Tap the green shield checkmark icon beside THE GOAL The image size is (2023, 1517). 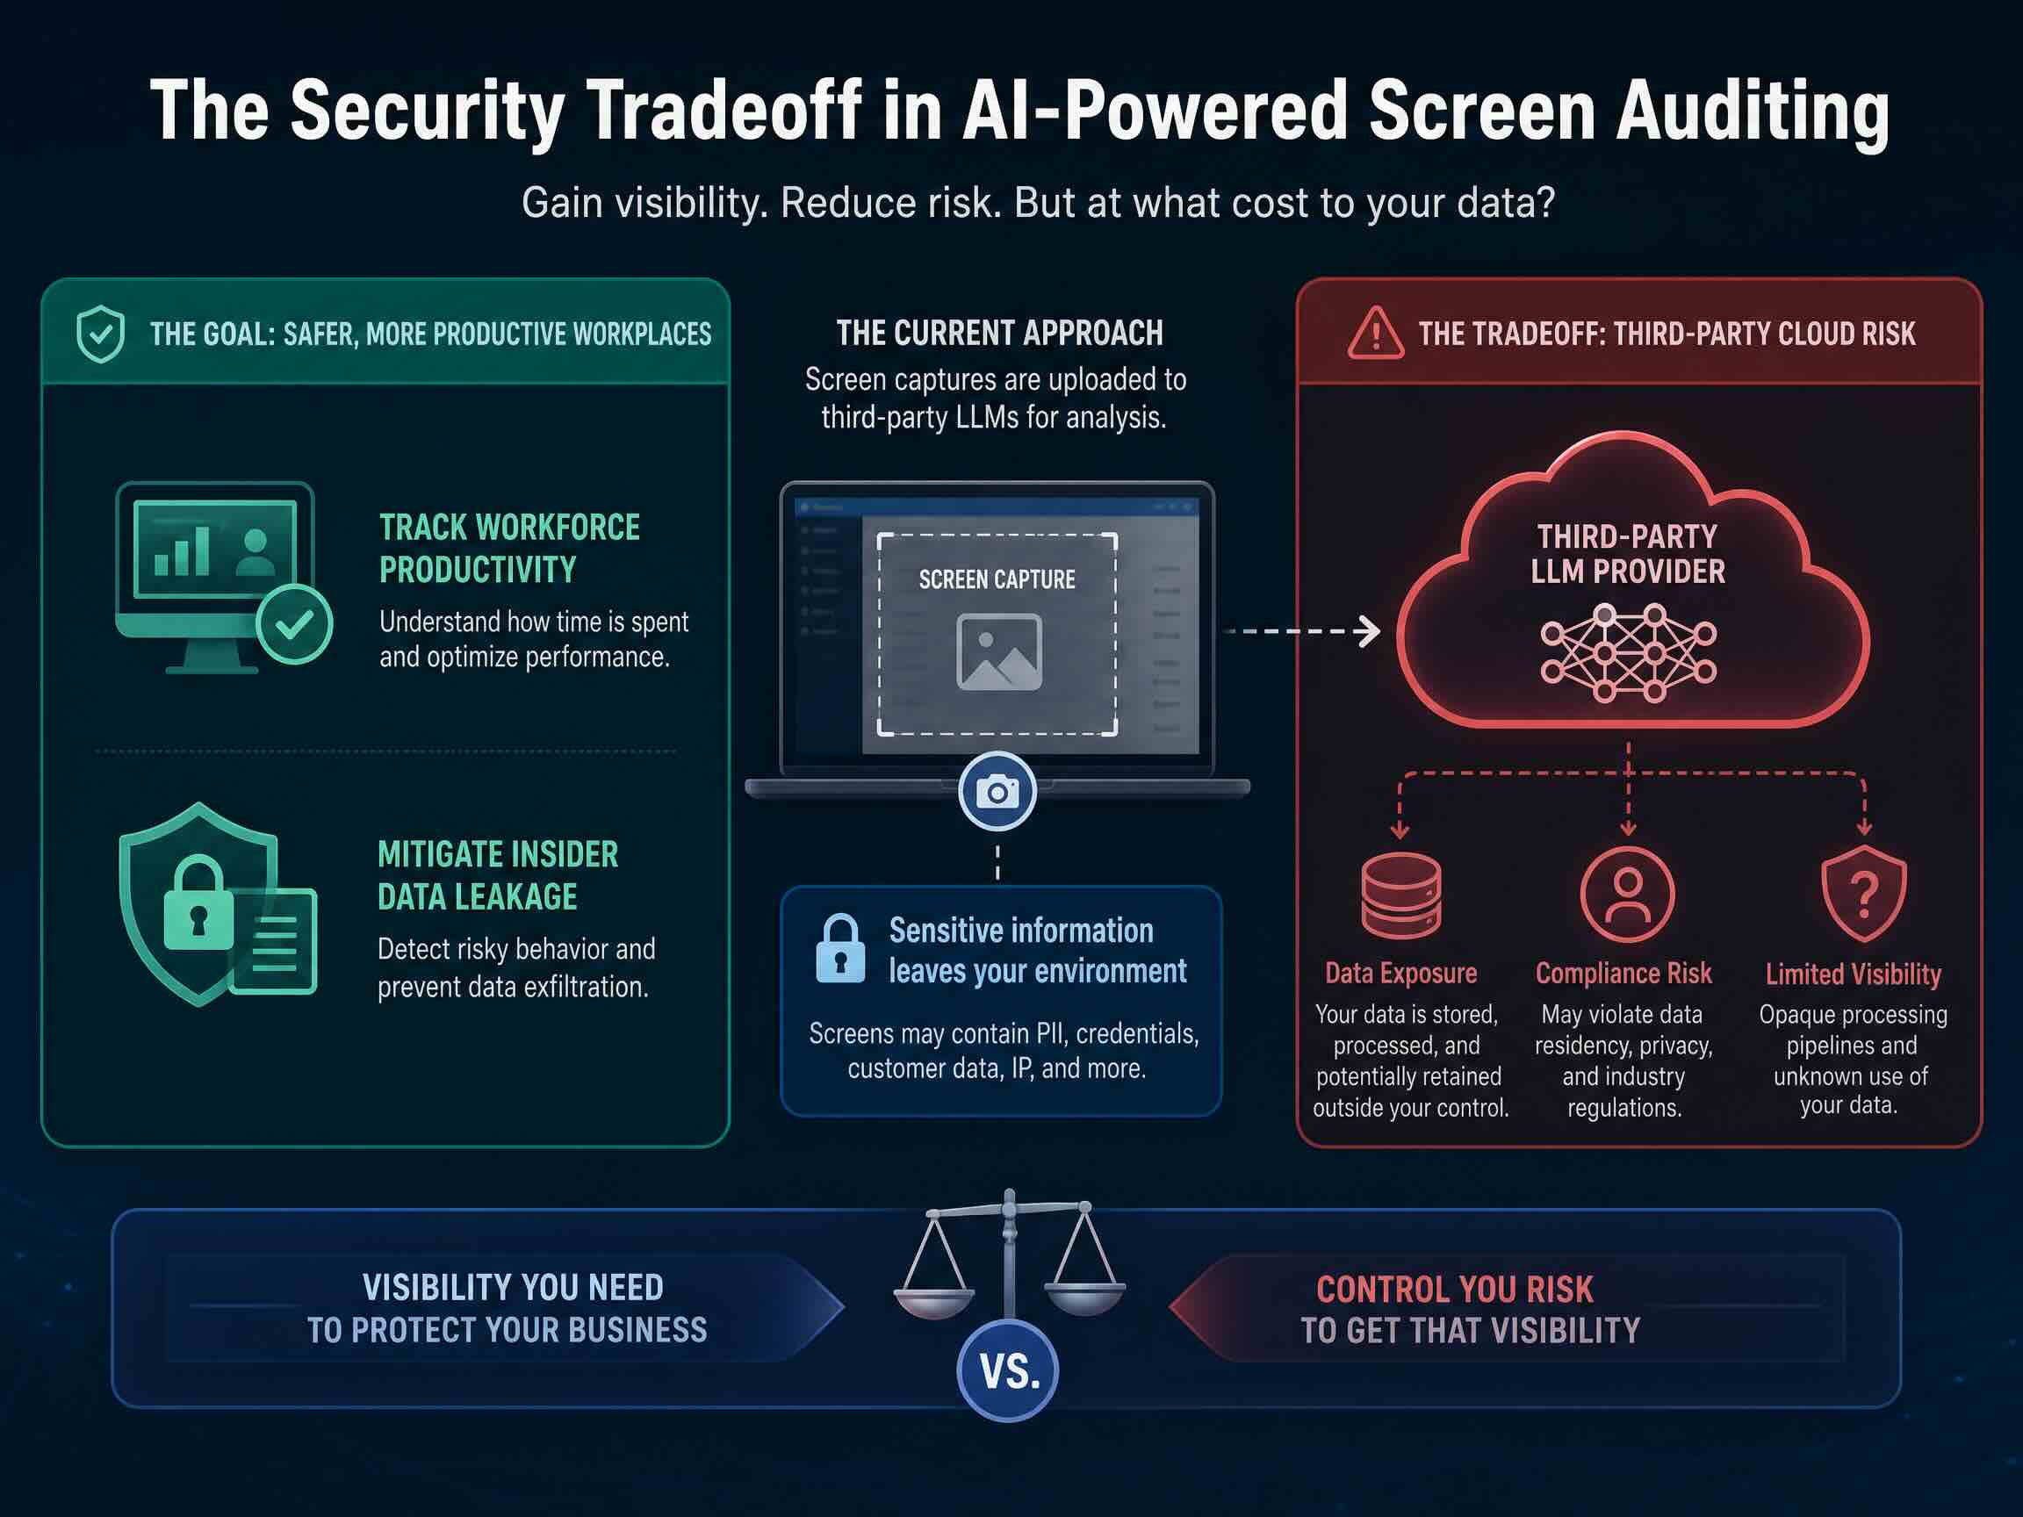[100, 334]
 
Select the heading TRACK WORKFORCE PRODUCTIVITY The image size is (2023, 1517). [509, 549]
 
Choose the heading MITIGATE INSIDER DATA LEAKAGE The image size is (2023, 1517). [498, 876]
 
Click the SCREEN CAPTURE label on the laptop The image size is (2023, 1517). [997, 579]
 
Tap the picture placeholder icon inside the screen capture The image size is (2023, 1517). [998, 652]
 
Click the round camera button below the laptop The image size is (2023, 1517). [997, 791]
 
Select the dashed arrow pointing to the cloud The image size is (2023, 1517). [1301, 631]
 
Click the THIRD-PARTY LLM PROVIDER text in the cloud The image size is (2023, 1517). [1628, 554]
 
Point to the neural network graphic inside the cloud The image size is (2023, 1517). [1628, 652]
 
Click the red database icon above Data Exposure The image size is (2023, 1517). [1401, 895]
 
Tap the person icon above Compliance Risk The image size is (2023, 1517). [1627, 895]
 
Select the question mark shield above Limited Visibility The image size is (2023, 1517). [1864, 894]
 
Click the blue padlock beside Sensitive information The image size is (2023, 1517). [840, 949]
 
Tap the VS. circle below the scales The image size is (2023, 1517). [1008, 1370]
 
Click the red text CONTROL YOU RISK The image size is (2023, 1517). [1454, 1290]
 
